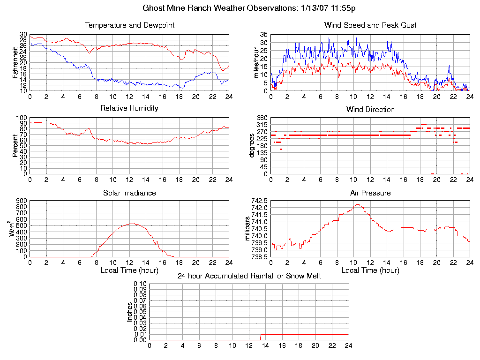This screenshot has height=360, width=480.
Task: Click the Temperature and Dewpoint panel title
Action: point(129,25)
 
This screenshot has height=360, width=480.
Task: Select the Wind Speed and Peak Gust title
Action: point(370,25)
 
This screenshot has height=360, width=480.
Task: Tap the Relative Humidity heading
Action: point(129,108)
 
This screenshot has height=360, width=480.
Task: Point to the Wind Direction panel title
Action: point(370,109)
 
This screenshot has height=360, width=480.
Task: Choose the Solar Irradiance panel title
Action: point(129,193)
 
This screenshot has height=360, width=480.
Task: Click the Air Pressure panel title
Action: point(370,193)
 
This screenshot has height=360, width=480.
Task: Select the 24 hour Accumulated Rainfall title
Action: point(249,276)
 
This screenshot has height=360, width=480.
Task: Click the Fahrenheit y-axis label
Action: point(15,62)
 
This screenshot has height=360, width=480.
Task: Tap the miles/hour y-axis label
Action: point(256,62)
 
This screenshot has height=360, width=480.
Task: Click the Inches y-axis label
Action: point(130,312)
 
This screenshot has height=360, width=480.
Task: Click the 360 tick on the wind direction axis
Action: point(262,118)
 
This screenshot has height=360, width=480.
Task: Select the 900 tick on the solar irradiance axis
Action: point(21,201)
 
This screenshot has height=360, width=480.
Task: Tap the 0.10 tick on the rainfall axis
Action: point(140,284)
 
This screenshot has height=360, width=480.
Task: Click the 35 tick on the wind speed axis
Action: point(263,35)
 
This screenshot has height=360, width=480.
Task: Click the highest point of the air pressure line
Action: point(358,204)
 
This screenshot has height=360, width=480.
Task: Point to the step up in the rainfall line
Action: point(261,337)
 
